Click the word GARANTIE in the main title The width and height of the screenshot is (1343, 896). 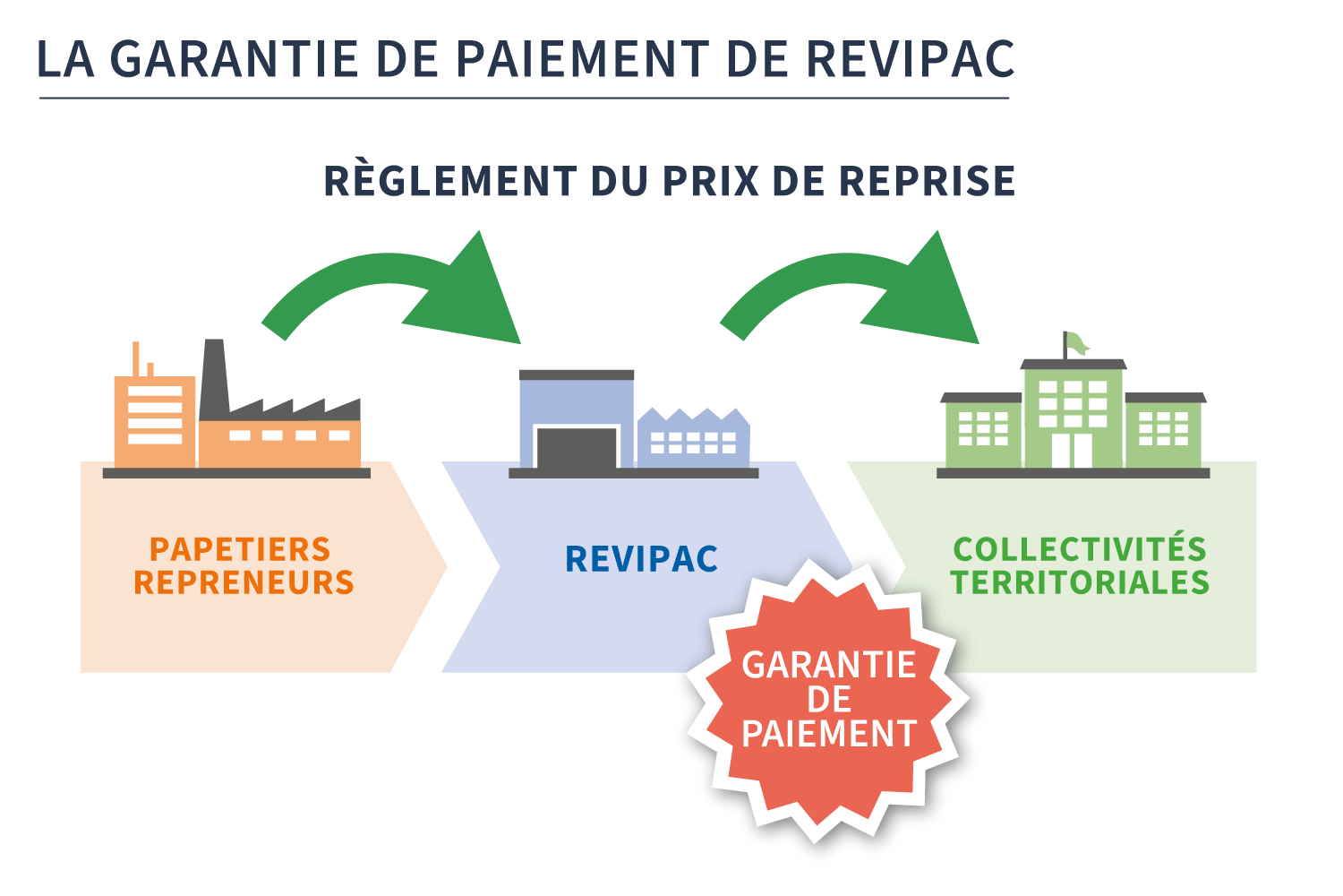coord(234,59)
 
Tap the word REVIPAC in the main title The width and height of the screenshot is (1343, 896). coord(911,59)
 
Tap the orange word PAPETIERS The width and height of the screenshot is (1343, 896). coord(240,548)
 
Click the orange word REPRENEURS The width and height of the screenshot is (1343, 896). coord(244,582)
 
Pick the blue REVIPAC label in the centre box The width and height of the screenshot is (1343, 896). coord(641,559)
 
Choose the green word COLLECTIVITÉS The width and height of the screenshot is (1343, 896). coord(1080,548)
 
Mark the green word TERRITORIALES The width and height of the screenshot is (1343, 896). coord(1080,582)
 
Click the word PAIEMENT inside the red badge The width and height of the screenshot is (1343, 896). coord(829,734)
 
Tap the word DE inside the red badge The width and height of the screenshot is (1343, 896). coord(829,700)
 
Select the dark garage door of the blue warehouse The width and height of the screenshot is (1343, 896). coord(577,448)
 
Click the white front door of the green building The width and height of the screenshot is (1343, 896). coord(1073,451)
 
